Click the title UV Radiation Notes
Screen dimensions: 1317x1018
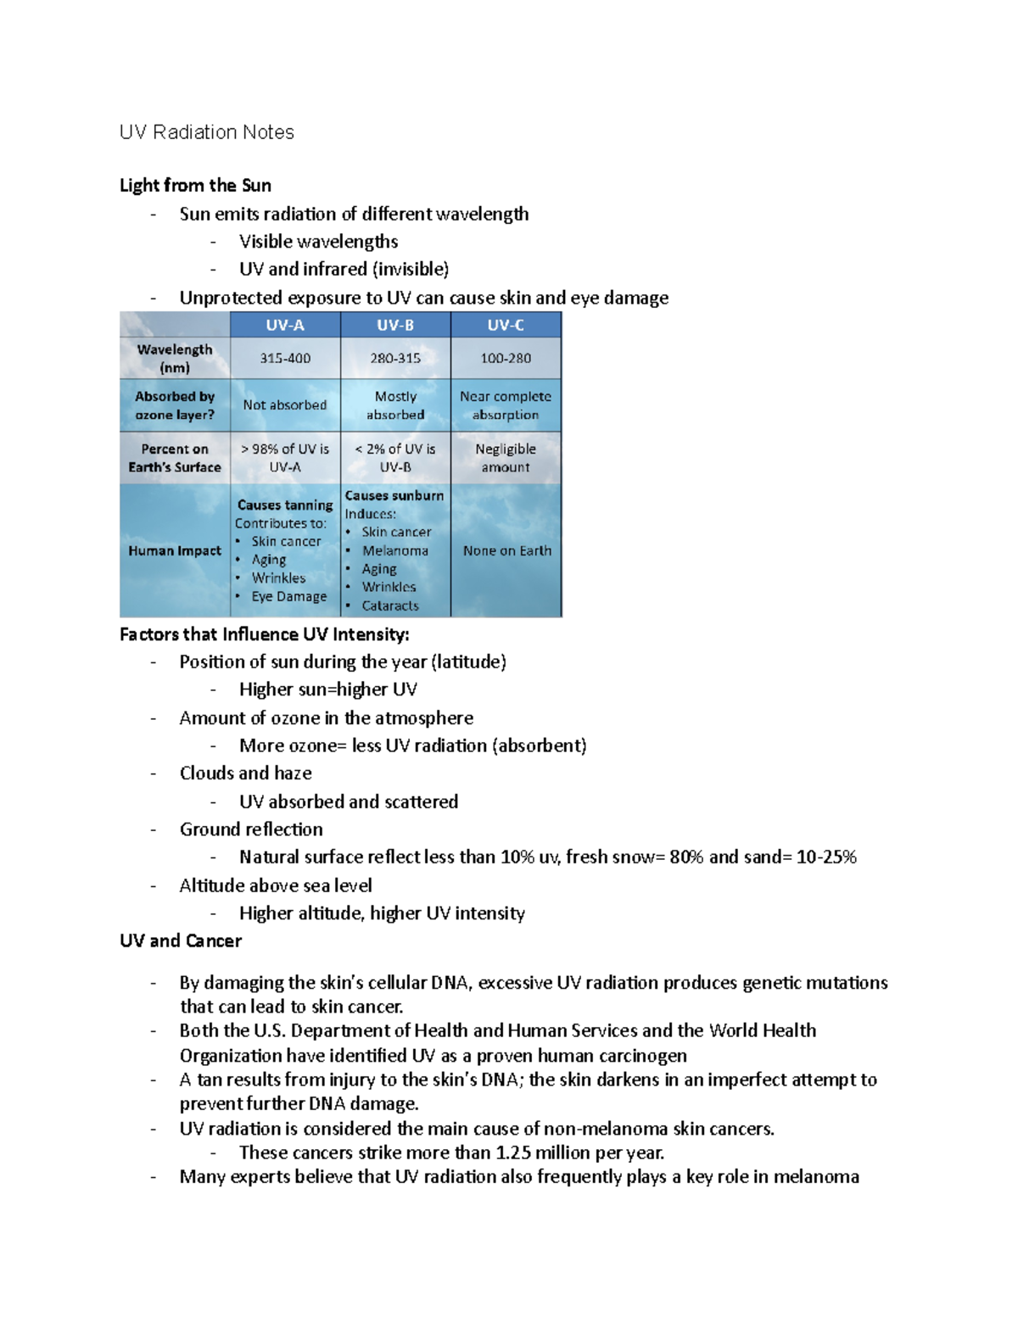click(x=207, y=132)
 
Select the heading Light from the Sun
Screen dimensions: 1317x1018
click(x=195, y=186)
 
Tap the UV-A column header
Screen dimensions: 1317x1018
click(x=285, y=325)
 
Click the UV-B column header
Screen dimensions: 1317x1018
click(x=395, y=325)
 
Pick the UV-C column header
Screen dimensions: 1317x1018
click(x=506, y=325)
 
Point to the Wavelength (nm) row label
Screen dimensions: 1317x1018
click(x=175, y=358)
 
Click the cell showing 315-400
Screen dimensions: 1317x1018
click(x=285, y=359)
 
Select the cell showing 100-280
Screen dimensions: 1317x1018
click(x=506, y=359)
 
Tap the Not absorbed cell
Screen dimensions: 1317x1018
click(x=285, y=405)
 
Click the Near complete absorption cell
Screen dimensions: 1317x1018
click(x=506, y=405)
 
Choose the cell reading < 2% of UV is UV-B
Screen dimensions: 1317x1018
click(x=395, y=458)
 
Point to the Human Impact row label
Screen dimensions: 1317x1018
click(x=175, y=550)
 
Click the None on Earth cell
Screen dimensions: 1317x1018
click(x=506, y=550)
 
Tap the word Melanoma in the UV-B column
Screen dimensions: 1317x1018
click(x=395, y=550)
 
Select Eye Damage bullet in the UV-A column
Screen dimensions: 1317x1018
click(x=288, y=596)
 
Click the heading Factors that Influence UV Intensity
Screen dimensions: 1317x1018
click(x=265, y=634)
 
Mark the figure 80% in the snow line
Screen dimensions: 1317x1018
click(x=686, y=857)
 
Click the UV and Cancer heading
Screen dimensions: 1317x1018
click(x=181, y=941)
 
